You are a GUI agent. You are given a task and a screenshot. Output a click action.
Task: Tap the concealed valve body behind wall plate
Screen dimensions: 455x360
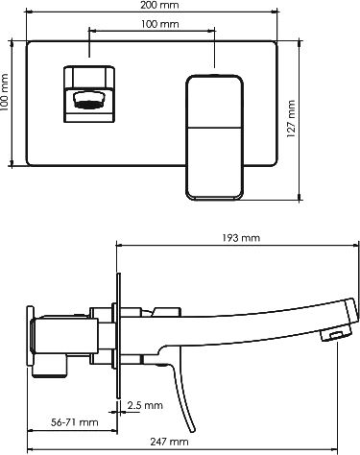point(67,336)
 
